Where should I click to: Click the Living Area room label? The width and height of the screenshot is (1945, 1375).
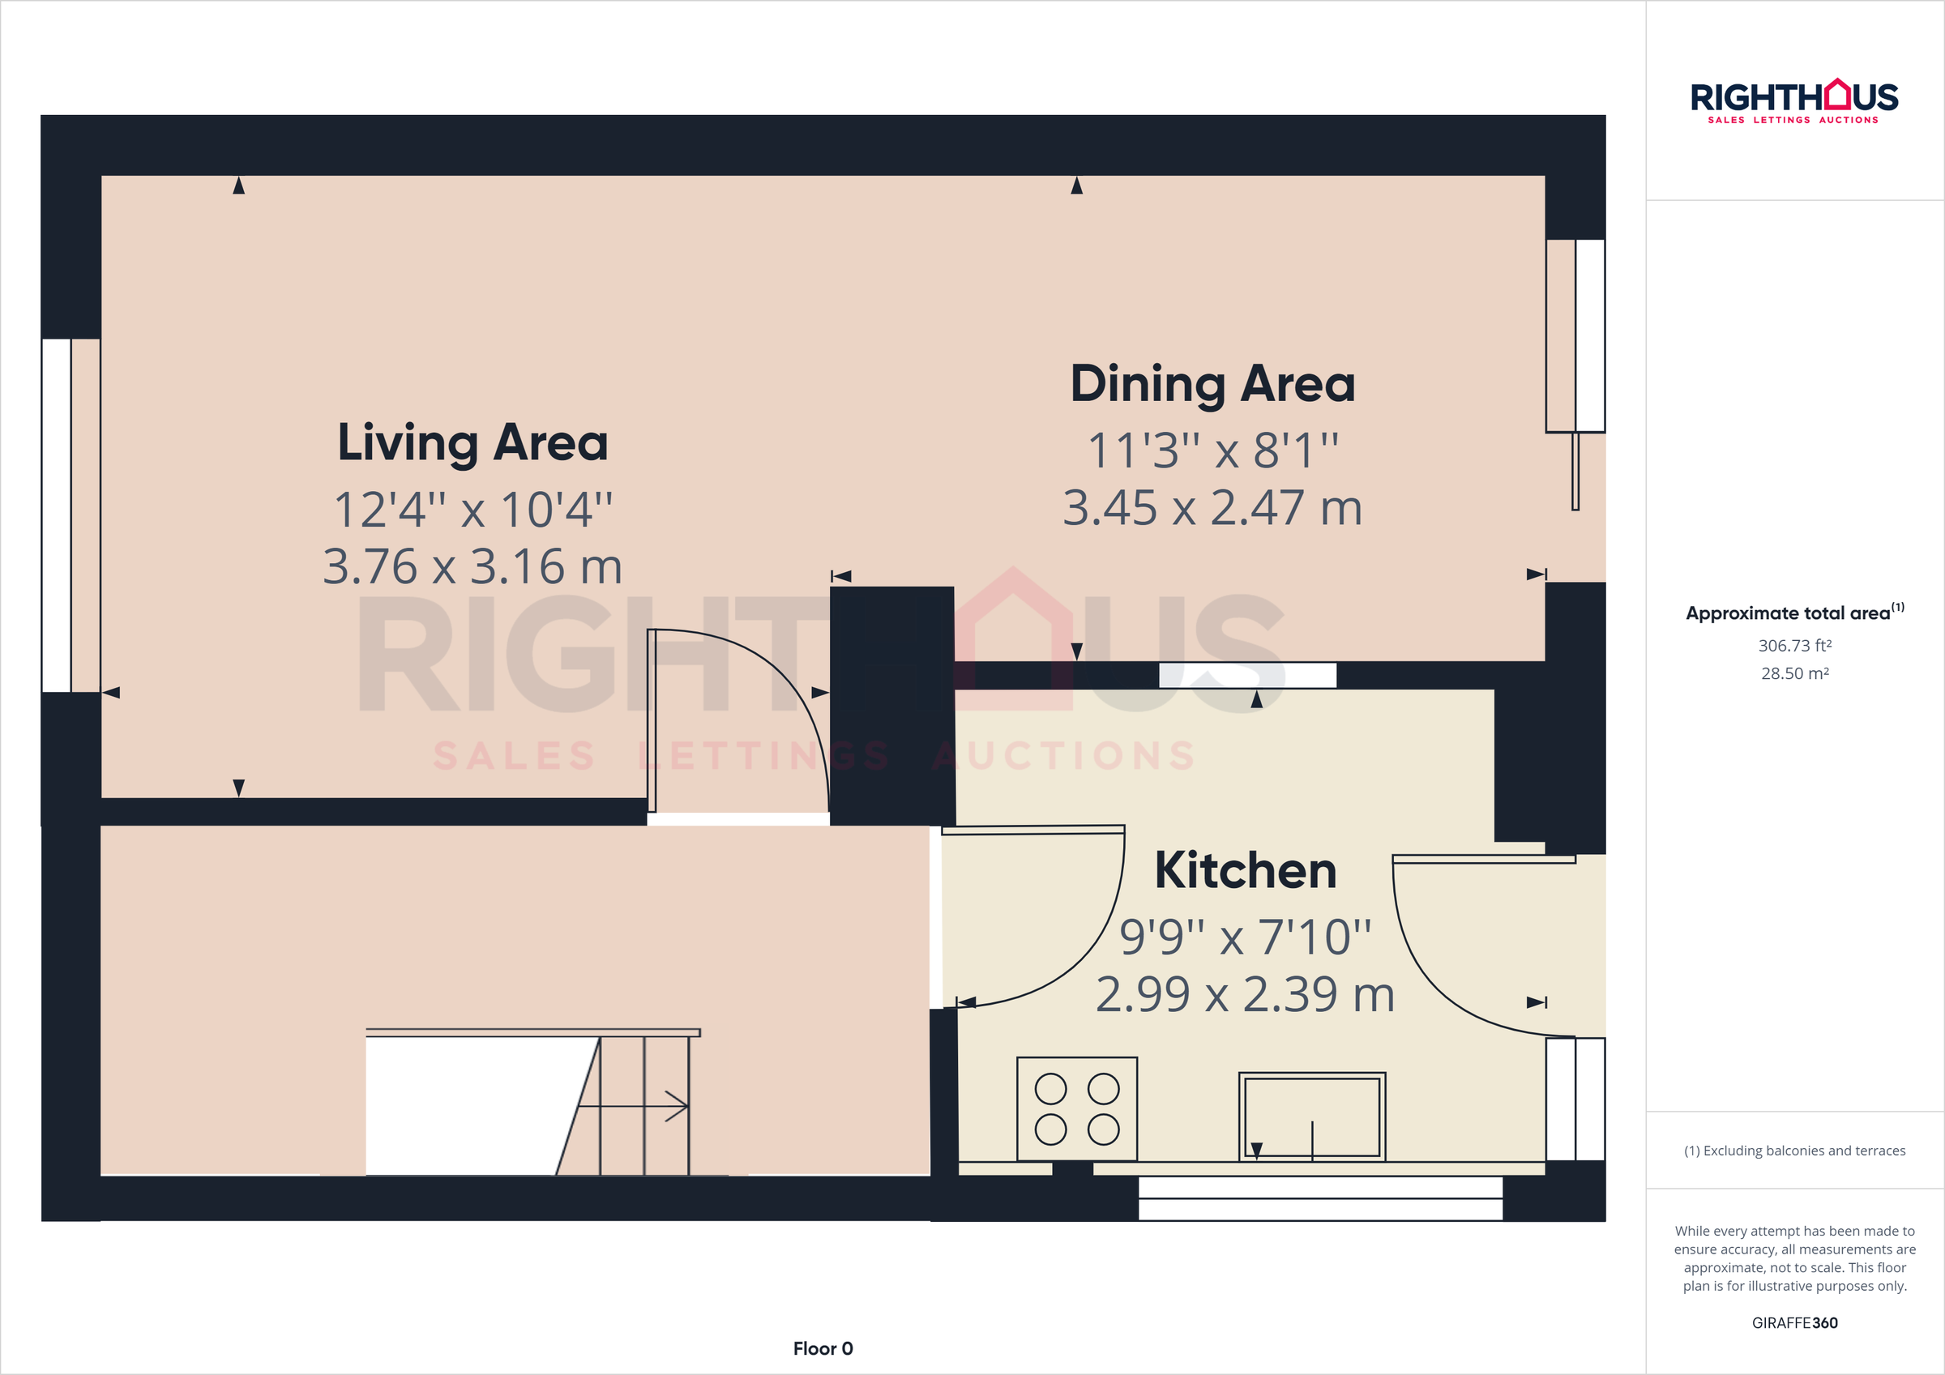pyautogui.click(x=472, y=443)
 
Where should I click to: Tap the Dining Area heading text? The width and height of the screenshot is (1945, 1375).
pyautogui.click(x=1212, y=384)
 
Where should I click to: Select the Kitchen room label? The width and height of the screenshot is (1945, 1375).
pyautogui.click(x=1245, y=870)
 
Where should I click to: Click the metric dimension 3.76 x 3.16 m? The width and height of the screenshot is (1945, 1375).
pyautogui.click(x=472, y=567)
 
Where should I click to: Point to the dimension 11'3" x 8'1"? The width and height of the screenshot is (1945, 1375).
pyautogui.click(x=1212, y=450)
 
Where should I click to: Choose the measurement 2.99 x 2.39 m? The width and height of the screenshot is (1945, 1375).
pyautogui.click(x=1245, y=995)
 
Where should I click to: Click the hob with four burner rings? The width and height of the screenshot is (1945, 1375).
pyautogui.click(x=1077, y=1109)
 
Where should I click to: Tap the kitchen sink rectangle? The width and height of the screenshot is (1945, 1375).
pyautogui.click(x=1311, y=1117)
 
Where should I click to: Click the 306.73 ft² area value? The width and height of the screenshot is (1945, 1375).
pyautogui.click(x=1794, y=646)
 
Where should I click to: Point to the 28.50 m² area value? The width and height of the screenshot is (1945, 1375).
pyautogui.click(x=1794, y=673)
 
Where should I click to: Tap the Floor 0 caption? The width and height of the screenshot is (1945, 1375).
pyautogui.click(x=823, y=1348)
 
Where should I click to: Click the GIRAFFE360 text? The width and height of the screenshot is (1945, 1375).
pyautogui.click(x=1794, y=1322)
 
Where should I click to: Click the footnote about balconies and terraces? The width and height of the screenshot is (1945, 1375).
pyautogui.click(x=1794, y=1151)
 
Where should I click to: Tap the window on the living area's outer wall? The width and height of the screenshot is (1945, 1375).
pyautogui.click(x=57, y=515)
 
